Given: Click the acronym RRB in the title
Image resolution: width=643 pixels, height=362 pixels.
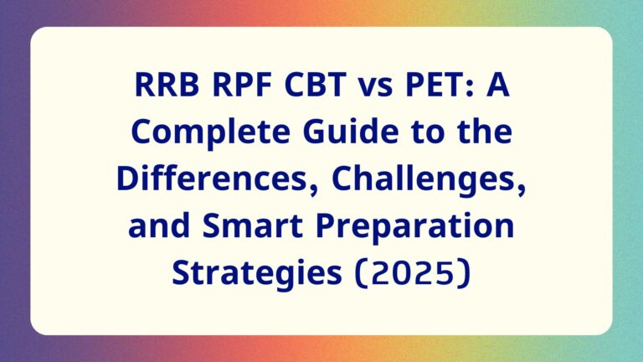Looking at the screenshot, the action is click(167, 85).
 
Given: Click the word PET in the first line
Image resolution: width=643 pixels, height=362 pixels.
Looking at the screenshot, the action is click(433, 85).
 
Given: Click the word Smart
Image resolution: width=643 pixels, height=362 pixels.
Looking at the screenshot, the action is click(253, 226).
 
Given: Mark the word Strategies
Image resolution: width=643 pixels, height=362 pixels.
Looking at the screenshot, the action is click(257, 273).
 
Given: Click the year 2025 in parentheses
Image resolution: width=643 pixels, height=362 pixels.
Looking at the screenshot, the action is click(412, 273).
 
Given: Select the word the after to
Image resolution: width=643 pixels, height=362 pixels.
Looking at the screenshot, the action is click(486, 131).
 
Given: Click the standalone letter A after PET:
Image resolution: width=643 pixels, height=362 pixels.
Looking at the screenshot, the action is click(498, 85).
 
